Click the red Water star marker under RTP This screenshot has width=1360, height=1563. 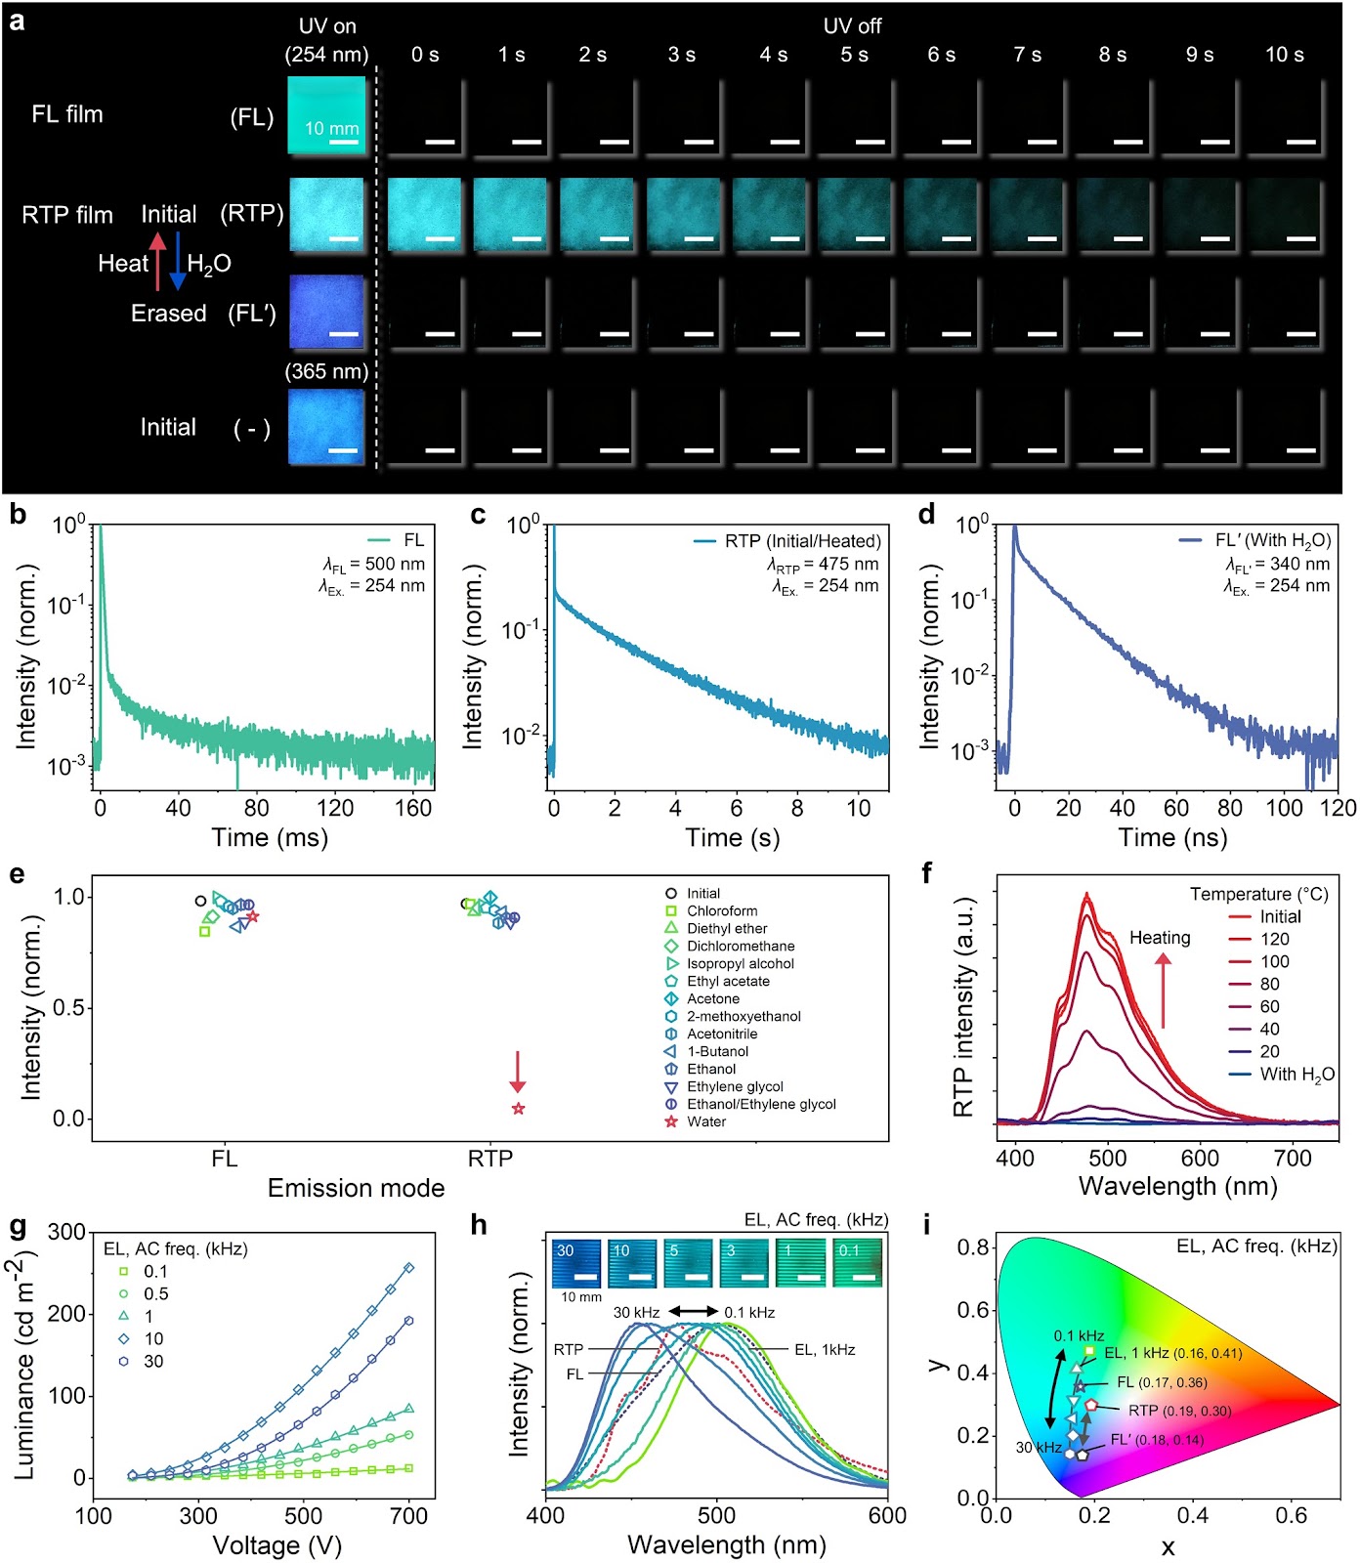tap(518, 1108)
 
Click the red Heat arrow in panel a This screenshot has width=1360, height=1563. tap(157, 262)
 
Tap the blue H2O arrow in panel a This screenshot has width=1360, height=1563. tap(178, 262)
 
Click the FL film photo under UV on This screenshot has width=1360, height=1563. tap(326, 114)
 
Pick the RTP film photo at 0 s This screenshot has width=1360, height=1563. tap(424, 214)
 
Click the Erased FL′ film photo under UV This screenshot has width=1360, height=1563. tap(326, 312)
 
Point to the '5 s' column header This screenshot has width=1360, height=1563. tap(855, 55)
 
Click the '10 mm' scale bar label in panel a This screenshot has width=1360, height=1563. tap(332, 128)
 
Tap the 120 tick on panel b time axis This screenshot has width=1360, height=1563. tap(335, 808)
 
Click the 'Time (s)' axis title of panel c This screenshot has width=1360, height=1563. tap(733, 837)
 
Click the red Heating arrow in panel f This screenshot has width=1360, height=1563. tap(1163, 990)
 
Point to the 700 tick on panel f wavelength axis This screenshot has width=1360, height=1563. tap(1293, 1158)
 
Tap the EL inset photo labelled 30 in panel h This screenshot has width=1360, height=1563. tap(576, 1263)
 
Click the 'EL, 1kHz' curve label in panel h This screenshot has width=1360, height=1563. tap(825, 1350)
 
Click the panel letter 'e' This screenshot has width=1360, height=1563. tap(17, 873)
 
